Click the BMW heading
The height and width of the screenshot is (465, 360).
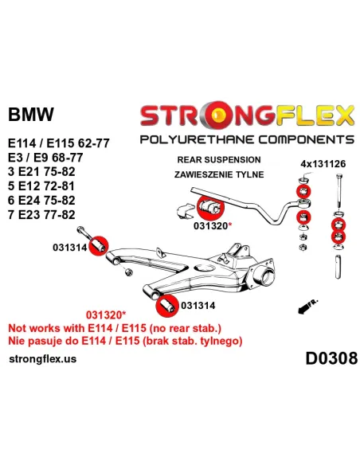click(x=31, y=114)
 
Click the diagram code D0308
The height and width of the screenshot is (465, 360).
click(x=331, y=358)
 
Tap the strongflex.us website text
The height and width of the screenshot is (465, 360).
click(x=43, y=359)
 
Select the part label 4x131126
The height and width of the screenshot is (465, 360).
click(x=323, y=164)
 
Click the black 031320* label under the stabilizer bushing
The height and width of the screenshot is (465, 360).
click(x=212, y=225)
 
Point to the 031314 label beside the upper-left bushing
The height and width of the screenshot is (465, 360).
click(x=70, y=247)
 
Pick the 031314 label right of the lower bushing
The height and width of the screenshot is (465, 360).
click(x=198, y=306)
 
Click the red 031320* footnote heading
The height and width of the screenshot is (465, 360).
click(x=106, y=315)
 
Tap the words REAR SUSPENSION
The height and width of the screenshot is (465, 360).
click(x=219, y=159)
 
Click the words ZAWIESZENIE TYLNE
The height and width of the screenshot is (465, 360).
click(x=219, y=174)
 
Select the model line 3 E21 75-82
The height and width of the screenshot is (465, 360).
click(x=41, y=172)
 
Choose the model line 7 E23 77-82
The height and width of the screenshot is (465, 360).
click(x=41, y=214)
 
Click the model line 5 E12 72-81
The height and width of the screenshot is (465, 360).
click(x=41, y=186)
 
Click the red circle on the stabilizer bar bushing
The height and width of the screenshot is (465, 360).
click(x=210, y=207)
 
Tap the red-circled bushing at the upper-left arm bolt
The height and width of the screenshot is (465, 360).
click(x=98, y=246)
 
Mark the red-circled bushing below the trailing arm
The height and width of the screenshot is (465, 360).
click(x=167, y=306)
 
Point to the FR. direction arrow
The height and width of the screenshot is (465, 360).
click(x=308, y=307)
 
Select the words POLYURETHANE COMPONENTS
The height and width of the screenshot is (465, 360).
click(x=247, y=139)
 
